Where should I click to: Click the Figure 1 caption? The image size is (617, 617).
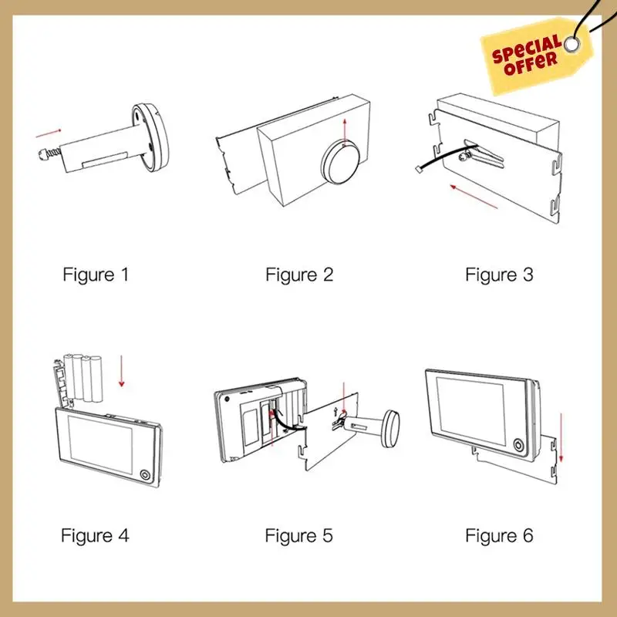point(96,275)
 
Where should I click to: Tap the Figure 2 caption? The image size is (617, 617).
point(299,275)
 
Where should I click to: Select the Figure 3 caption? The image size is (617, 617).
point(499,275)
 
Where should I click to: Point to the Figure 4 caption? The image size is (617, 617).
point(96,535)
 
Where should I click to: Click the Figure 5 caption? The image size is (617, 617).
point(299,535)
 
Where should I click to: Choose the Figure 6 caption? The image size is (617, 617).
point(499,535)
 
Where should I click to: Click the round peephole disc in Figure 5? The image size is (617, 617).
point(394,427)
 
